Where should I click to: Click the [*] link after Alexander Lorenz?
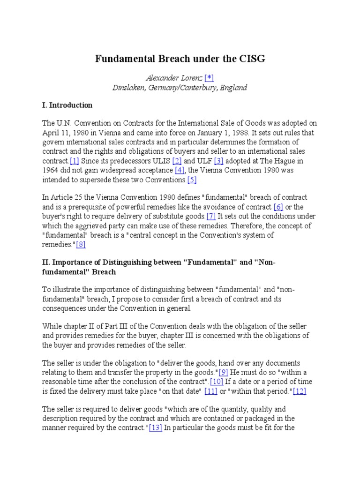209,78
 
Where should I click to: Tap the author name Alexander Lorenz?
174,78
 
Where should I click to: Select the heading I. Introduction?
67,105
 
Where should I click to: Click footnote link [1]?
74,160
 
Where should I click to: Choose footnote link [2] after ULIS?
177,160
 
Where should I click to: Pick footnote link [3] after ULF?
218,160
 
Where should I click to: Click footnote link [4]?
180,170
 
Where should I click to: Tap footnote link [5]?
192,179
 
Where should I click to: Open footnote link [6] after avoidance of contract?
278,207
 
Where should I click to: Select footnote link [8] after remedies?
81,244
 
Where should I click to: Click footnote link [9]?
223,363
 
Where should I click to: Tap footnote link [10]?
217,382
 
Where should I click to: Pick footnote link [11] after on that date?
210,391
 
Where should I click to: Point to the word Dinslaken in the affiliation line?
131,88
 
